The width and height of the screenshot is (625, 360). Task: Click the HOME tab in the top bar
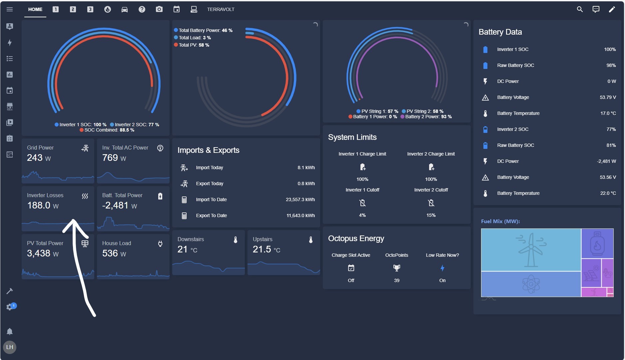(x=35, y=9)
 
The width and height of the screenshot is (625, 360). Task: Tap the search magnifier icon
(x=580, y=9)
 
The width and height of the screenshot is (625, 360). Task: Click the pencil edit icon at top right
(x=612, y=9)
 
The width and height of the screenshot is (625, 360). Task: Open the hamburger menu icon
(x=10, y=9)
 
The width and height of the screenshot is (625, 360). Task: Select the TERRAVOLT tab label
(x=221, y=9)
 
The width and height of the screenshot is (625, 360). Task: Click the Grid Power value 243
(x=35, y=158)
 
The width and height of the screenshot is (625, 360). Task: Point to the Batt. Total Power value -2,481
(x=115, y=205)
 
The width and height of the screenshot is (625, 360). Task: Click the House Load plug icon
(x=160, y=244)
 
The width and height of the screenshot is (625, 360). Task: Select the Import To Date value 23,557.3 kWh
(x=300, y=199)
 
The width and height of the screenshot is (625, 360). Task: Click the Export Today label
(x=210, y=183)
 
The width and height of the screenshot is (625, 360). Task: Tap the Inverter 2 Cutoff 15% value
(x=431, y=215)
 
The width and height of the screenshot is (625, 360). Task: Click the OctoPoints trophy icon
(x=396, y=268)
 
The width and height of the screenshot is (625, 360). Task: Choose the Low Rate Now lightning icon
(x=442, y=268)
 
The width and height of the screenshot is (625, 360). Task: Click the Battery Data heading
(x=500, y=32)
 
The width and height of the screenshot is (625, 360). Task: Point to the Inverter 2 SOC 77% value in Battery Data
(x=611, y=129)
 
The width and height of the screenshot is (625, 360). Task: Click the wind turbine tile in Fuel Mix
(x=531, y=250)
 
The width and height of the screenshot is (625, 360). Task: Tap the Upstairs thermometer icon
(x=311, y=240)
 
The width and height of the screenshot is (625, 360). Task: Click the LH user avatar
(x=10, y=347)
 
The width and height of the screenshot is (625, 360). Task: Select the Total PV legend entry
(x=192, y=45)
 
